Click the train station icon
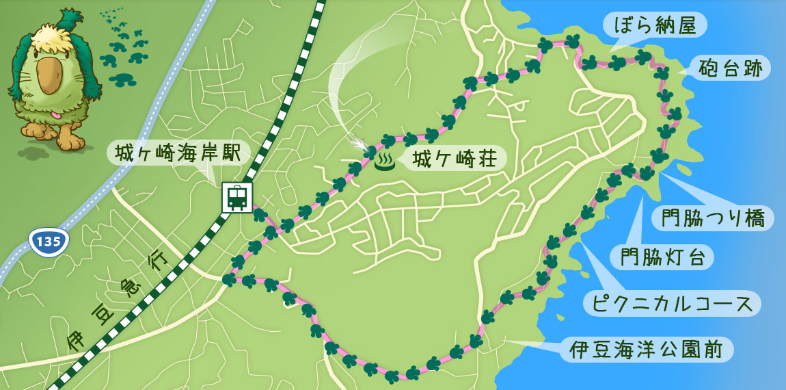237,198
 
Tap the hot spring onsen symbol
385,161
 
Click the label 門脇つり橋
712,218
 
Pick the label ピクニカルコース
673,302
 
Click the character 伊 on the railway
77,341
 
